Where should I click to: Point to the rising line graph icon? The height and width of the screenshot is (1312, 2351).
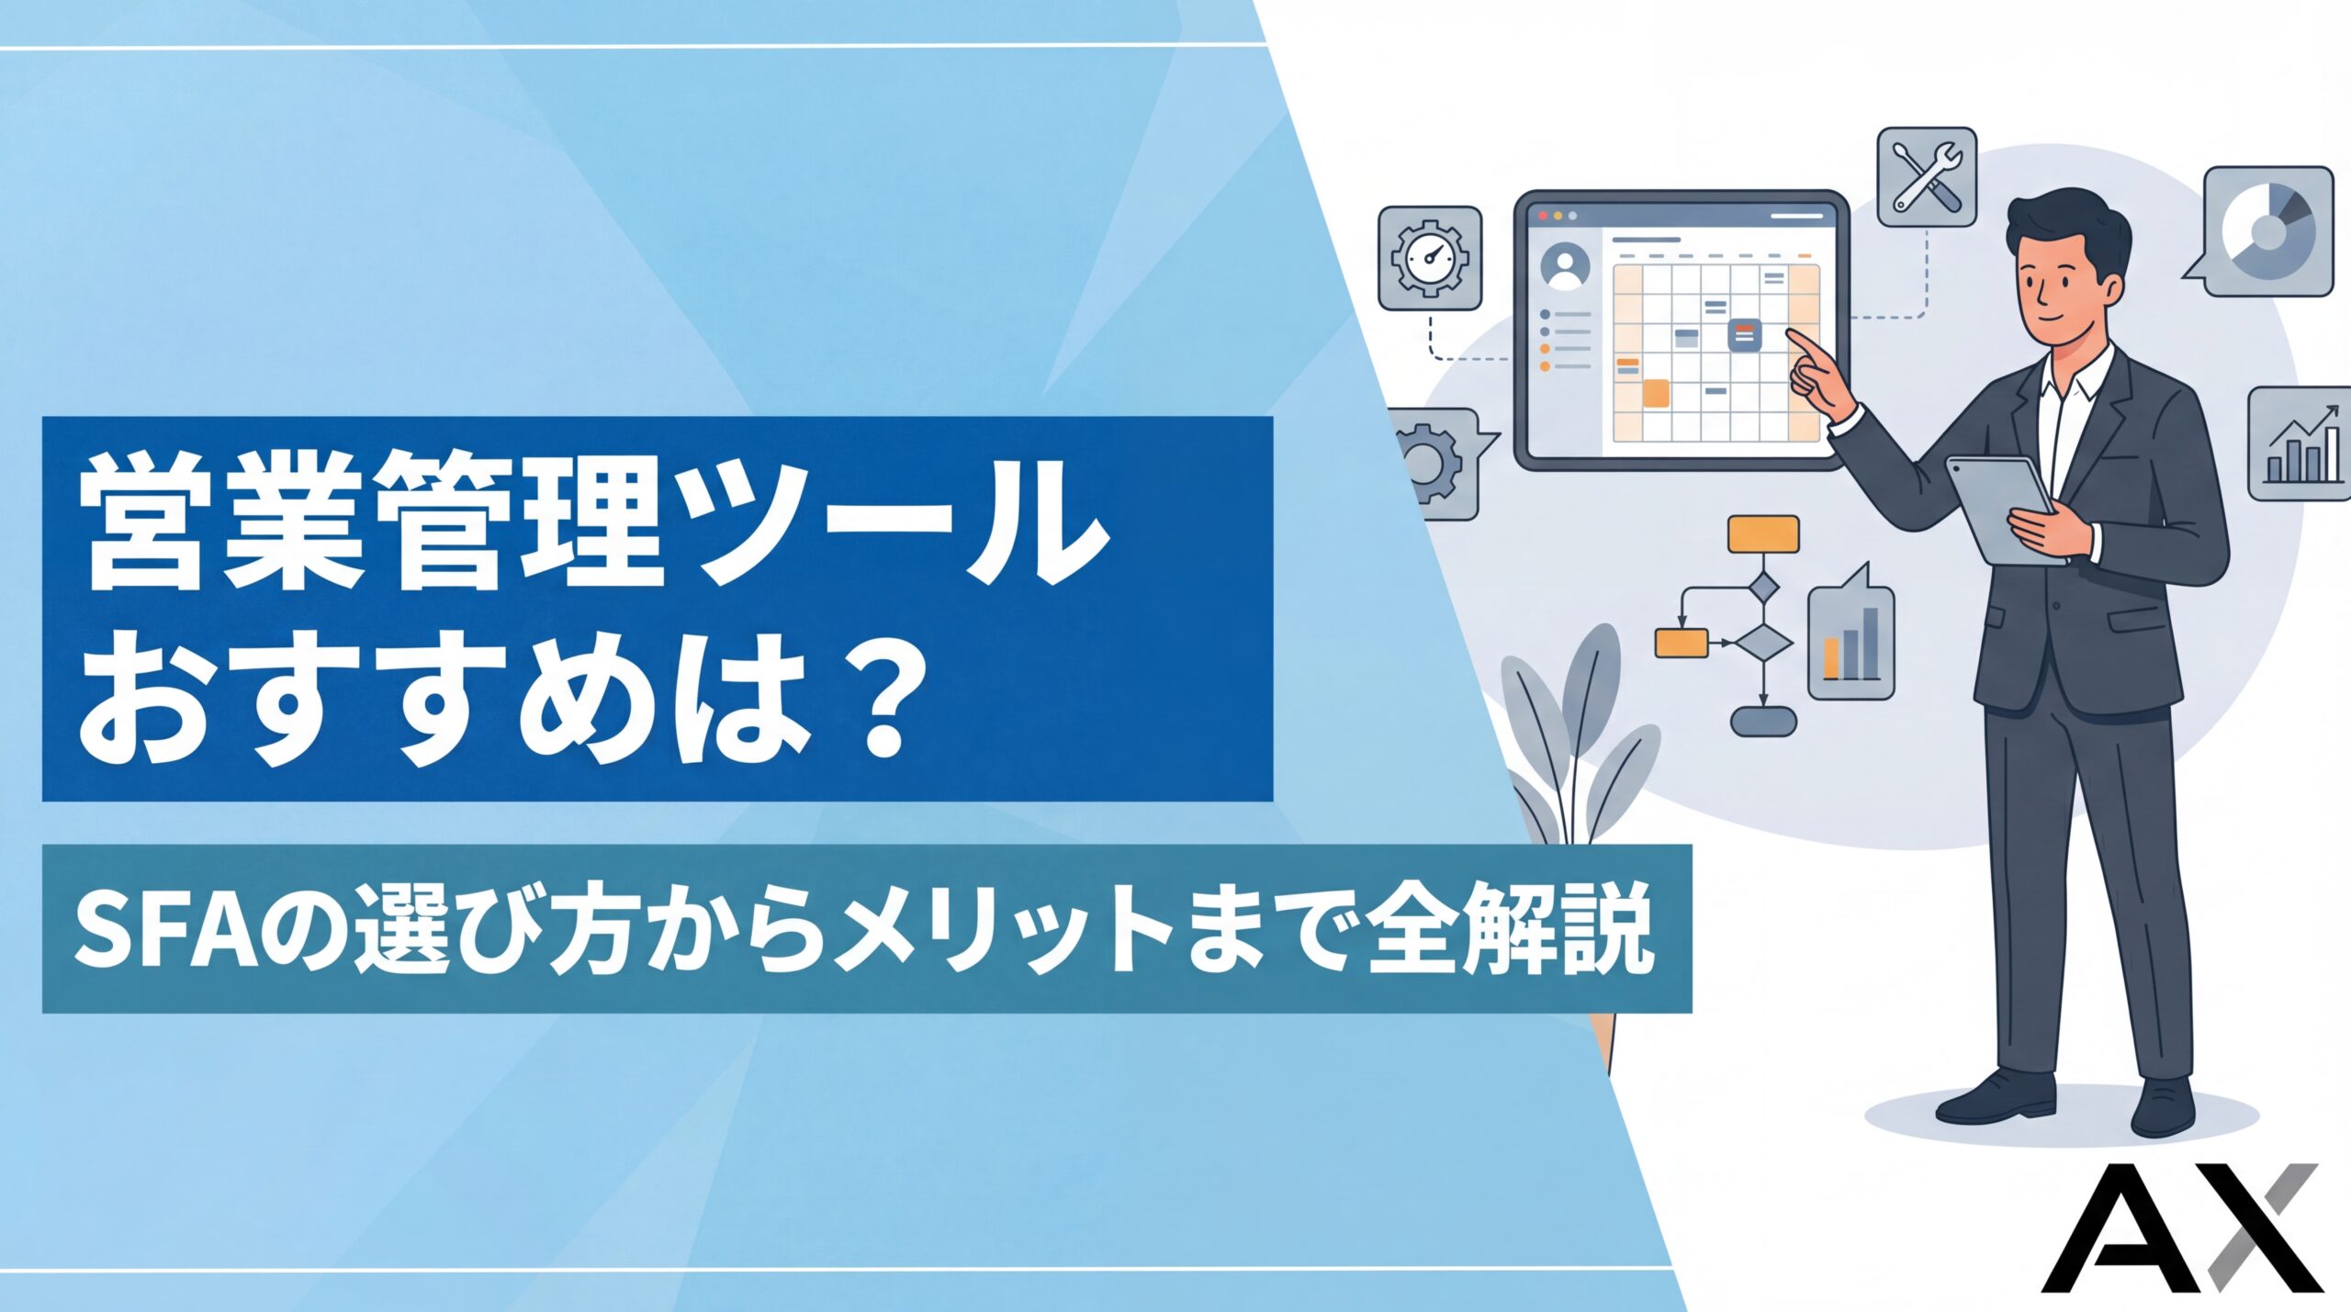pos(2298,443)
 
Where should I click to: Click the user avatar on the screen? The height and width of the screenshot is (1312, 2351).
pos(1566,266)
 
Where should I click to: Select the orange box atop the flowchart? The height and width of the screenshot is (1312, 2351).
pos(1763,533)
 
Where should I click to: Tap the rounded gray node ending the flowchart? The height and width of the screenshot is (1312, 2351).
pos(1762,722)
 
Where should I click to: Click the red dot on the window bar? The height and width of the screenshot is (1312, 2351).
pos(1543,216)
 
